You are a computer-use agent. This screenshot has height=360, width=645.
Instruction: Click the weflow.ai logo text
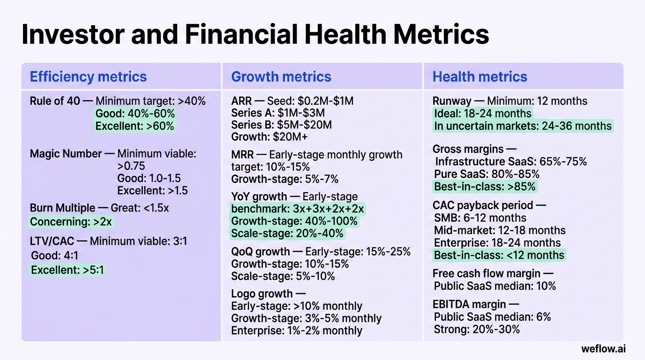603,349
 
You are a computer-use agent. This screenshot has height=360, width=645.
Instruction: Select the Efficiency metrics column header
88,77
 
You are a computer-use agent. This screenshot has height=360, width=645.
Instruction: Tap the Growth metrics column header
281,77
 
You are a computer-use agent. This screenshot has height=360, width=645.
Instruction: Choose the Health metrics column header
480,77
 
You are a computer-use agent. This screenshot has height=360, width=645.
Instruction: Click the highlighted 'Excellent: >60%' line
135,126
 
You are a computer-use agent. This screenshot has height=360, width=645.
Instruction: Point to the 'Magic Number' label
66,154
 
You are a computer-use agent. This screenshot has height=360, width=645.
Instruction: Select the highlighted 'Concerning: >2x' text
71,222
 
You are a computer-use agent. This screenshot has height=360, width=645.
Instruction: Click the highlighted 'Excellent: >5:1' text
68,270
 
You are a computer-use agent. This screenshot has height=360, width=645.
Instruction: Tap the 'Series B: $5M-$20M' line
281,125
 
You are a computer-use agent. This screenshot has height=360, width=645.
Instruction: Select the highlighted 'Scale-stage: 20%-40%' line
287,233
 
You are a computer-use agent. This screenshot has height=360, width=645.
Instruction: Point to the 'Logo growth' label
262,294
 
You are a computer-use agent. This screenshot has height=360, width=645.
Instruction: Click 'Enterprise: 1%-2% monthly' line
297,330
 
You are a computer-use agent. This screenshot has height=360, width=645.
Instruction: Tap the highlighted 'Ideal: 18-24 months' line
482,113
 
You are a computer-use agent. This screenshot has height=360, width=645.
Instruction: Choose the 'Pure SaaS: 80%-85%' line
487,174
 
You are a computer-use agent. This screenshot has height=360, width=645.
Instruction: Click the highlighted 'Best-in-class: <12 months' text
499,255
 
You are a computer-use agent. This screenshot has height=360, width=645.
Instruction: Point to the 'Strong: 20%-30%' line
477,330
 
